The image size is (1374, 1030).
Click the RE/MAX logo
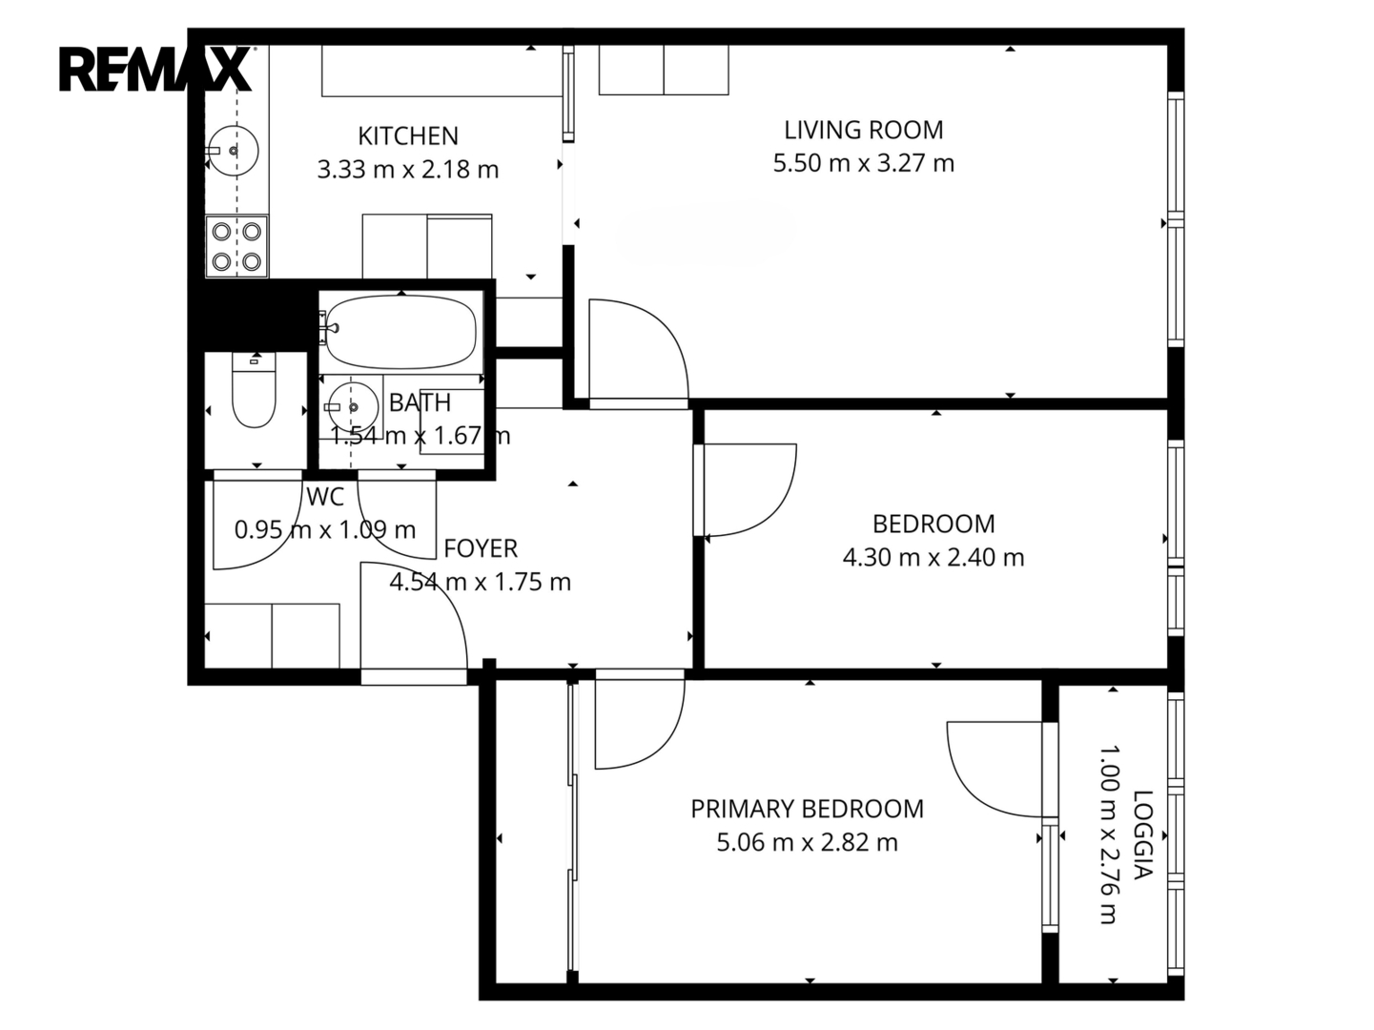point(155,69)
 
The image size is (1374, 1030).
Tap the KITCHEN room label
point(408,135)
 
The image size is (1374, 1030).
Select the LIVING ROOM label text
point(863,131)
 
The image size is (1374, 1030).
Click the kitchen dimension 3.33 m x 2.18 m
point(408,170)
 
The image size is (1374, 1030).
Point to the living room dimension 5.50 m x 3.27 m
point(863,163)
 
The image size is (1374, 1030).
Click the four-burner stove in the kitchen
point(236,246)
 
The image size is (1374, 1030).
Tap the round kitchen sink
point(233,151)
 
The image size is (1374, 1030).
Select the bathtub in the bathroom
point(400,332)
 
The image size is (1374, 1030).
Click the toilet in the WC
point(254,390)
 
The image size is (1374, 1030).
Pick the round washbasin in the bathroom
point(353,407)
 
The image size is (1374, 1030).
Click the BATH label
point(420,403)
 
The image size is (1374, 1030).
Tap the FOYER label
point(481,549)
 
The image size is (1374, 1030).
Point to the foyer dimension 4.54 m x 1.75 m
point(481,583)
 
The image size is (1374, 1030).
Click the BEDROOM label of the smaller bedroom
point(933,525)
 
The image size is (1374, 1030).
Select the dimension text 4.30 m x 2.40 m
point(933,558)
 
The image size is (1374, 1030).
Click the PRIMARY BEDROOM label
point(807,810)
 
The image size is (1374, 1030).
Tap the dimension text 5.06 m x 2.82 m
point(807,843)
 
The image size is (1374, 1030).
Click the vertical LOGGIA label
point(1143,834)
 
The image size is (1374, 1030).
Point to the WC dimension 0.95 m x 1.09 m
point(325,530)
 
